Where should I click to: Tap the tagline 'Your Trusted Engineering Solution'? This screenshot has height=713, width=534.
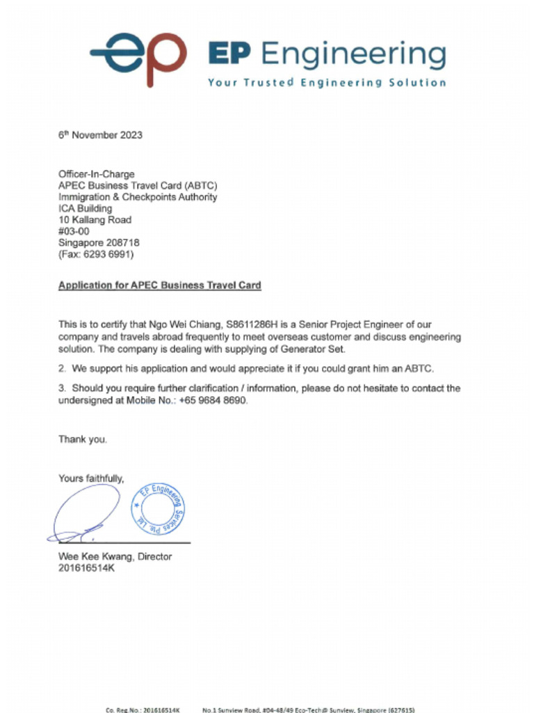point(327,83)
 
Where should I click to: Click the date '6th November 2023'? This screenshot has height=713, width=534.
point(100,135)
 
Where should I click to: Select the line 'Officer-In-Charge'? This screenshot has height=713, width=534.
point(96,174)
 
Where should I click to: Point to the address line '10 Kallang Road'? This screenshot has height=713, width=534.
point(95,220)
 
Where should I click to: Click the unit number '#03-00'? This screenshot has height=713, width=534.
point(74,231)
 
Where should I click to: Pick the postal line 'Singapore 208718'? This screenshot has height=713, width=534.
point(99,243)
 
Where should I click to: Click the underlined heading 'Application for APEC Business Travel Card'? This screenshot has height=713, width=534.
point(160,285)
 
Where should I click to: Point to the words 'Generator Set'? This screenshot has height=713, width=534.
point(315,349)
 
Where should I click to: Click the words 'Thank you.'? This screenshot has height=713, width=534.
point(83,439)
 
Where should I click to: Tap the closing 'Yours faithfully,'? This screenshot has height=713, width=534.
point(91,478)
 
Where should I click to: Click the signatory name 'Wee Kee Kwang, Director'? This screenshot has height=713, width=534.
point(115,556)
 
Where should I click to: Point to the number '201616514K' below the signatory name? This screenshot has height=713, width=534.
point(86,568)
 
